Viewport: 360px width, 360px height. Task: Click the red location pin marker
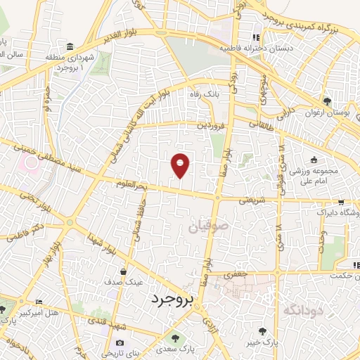tap(181, 165)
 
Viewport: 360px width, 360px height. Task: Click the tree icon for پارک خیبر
tap(262, 330)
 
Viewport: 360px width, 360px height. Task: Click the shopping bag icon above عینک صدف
tap(123, 271)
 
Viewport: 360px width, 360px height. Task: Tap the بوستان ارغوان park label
tap(326, 112)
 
